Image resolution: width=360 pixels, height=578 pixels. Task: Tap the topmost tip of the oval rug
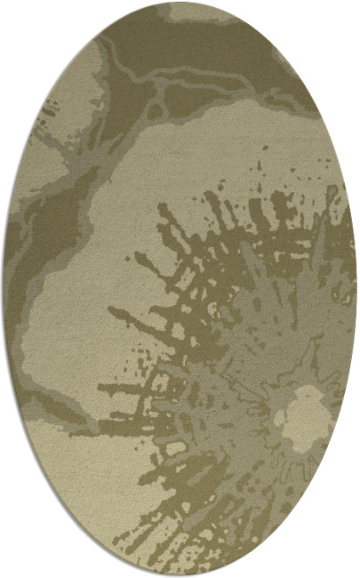(180, 3)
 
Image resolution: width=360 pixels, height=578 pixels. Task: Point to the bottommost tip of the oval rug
(180, 575)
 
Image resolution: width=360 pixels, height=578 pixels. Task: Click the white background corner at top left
(13, 13)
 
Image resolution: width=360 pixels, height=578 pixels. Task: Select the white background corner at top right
(347, 13)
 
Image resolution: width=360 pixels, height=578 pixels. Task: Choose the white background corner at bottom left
(13, 565)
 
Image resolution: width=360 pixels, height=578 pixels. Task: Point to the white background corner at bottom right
(347, 565)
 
